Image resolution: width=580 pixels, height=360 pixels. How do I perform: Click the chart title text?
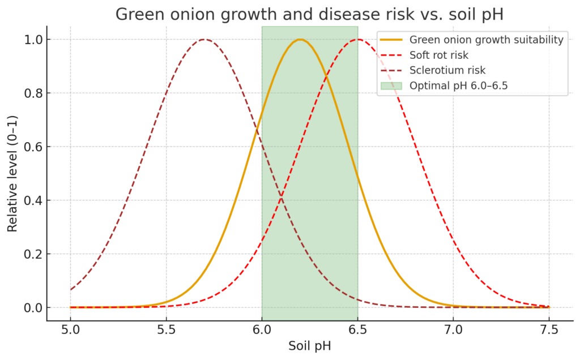[x=309, y=14]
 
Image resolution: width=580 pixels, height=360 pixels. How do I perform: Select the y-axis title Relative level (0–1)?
[x=12, y=173]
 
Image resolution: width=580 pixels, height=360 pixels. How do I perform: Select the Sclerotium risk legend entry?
[x=447, y=70]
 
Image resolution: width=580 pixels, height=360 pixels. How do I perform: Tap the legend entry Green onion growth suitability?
[x=486, y=40]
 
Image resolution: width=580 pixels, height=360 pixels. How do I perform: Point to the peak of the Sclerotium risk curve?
[x=204, y=40]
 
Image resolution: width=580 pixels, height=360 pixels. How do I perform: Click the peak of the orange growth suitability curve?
[x=300, y=40]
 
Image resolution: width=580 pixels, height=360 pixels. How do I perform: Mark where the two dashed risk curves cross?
[x=281, y=198]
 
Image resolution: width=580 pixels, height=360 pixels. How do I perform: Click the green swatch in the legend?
[x=391, y=85]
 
